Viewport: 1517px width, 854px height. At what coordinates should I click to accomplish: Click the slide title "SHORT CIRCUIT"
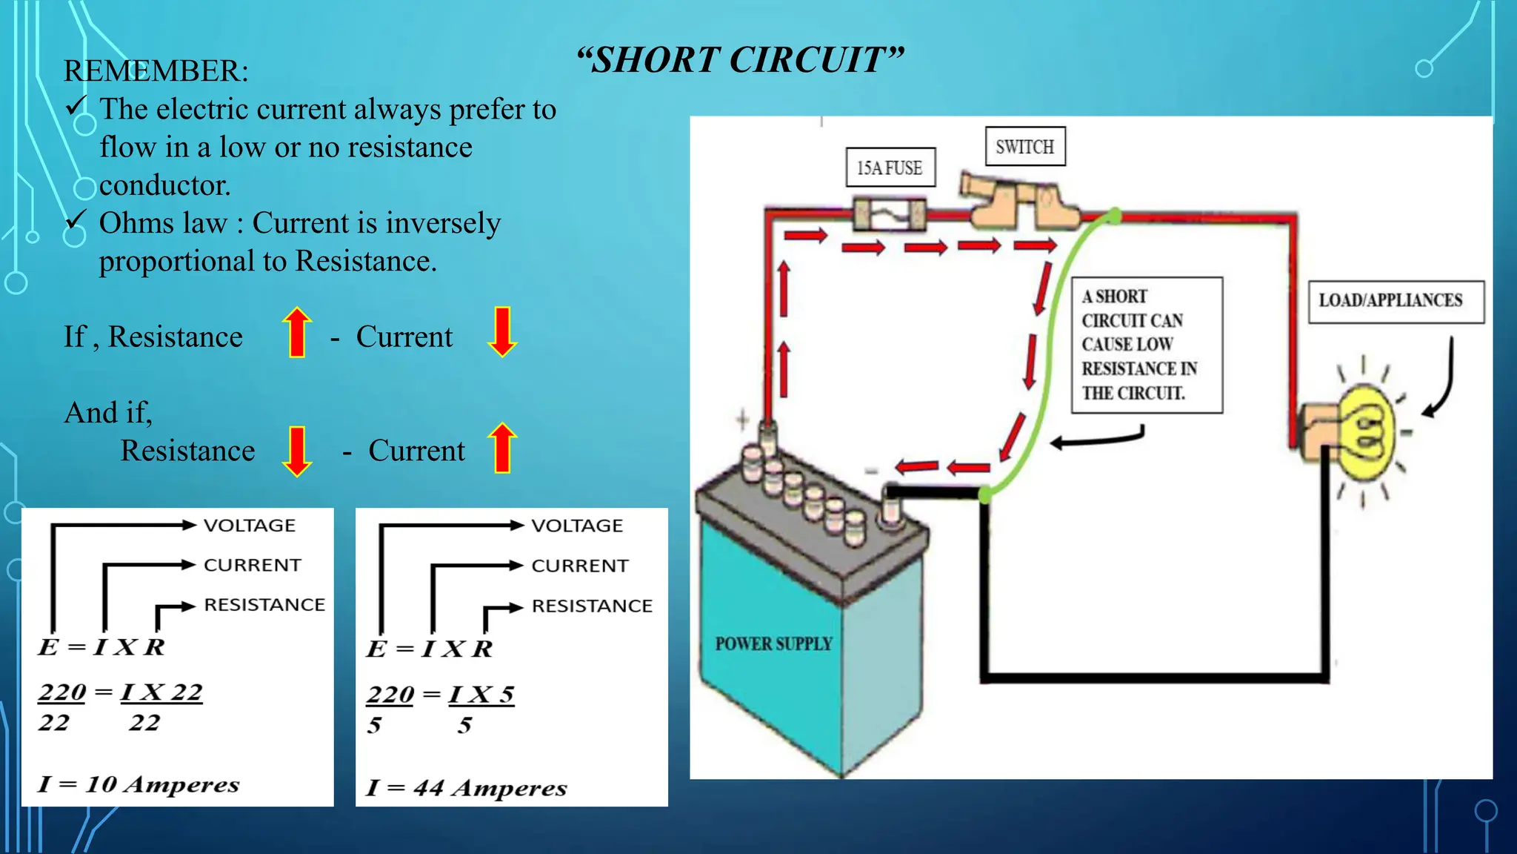[x=741, y=60]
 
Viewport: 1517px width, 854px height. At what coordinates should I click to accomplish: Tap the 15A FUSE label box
[x=890, y=168]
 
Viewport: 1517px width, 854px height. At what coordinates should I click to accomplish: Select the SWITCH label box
[x=1024, y=147]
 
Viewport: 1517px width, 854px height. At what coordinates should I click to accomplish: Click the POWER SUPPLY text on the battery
[x=773, y=643]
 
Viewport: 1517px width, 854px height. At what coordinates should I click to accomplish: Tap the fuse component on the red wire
[x=889, y=215]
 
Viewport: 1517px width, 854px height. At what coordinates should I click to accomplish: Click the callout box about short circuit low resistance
[x=1146, y=345]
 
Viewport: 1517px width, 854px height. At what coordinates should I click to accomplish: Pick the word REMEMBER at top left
[x=156, y=71]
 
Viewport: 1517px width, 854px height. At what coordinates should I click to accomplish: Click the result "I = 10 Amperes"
[x=139, y=784]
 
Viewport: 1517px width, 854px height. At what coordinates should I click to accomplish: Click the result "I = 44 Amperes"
[x=467, y=787]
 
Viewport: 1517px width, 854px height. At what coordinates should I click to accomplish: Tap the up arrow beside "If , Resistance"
[x=297, y=332]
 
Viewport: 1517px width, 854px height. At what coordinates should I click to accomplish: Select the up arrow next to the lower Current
[x=502, y=448]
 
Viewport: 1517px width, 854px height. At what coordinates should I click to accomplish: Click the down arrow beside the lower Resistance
[x=297, y=451]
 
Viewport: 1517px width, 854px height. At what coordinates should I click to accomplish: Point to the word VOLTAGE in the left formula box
[x=250, y=526]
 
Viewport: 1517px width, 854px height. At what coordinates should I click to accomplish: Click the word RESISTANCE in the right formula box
[x=592, y=606]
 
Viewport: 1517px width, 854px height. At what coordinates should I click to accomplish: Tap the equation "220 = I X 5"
[x=440, y=695]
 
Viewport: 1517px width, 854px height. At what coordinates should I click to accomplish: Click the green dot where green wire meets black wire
[x=985, y=494]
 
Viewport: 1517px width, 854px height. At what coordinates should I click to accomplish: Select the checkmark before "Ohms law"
[x=76, y=220]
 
